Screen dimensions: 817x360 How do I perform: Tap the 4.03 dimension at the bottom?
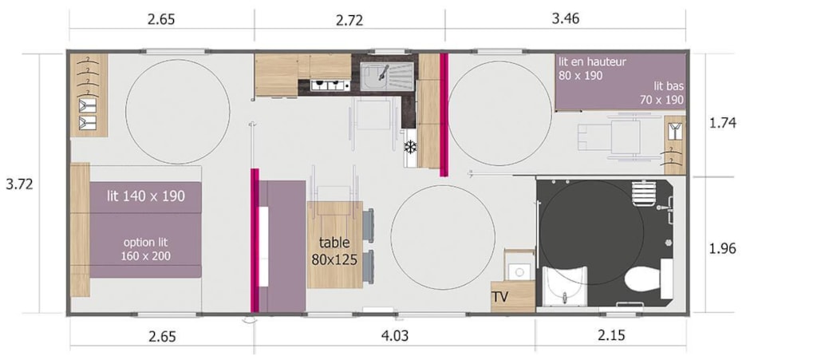pos(394,335)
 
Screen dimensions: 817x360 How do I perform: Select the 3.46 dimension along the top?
pos(566,19)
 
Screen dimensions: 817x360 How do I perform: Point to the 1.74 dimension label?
pos(723,124)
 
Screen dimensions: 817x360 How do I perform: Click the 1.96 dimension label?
pos(723,249)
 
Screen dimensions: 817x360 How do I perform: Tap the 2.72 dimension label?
pos(349,20)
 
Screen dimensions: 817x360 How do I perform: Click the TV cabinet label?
pos(500,298)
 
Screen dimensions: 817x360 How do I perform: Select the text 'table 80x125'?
pos(334,251)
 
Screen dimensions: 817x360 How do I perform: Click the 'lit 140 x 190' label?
pos(146,196)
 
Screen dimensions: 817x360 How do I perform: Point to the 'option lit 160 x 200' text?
pos(146,249)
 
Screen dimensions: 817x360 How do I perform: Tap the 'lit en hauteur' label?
pos(592,61)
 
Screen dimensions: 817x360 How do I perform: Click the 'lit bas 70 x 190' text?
pos(661,93)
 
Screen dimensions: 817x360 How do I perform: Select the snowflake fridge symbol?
pos(411,147)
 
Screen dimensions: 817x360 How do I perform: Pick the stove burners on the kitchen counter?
pos(330,85)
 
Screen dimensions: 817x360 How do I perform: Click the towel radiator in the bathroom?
pos(642,194)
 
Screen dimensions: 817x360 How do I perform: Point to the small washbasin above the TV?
pos(519,271)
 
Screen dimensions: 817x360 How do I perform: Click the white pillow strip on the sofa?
pos(263,246)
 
